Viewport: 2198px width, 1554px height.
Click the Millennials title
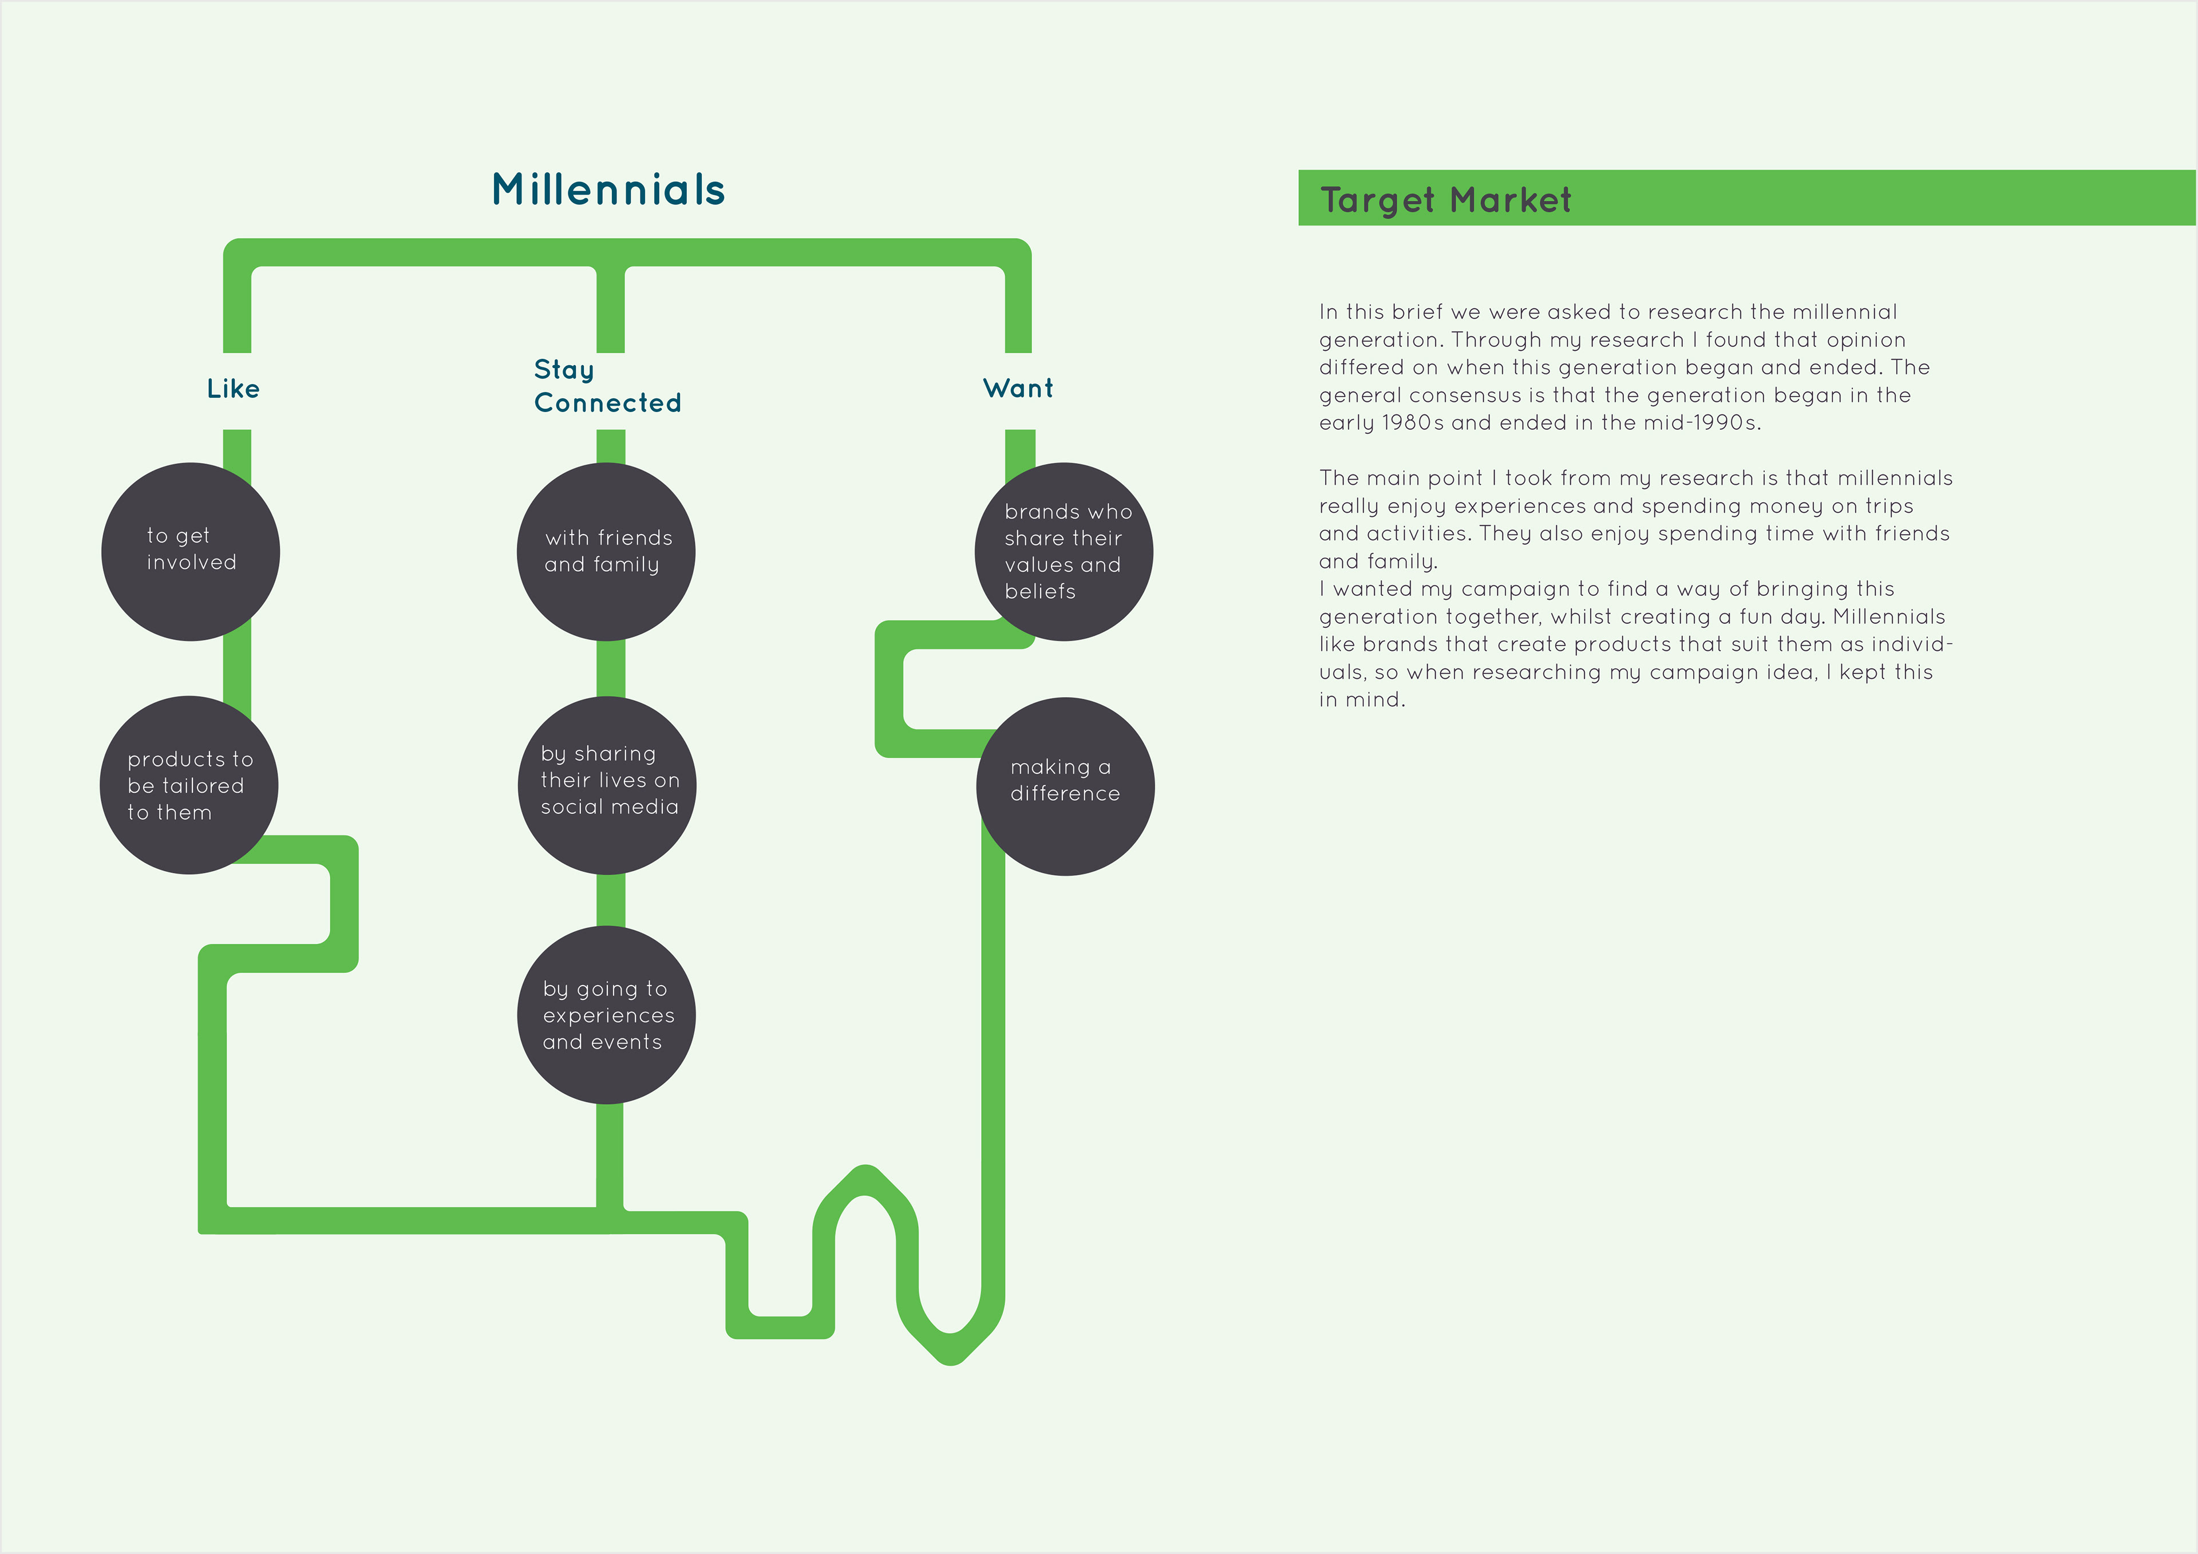(609, 189)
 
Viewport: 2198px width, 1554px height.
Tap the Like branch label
(234, 387)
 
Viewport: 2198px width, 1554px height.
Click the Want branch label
(1018, 387)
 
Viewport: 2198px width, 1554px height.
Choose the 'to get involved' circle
(191, 552)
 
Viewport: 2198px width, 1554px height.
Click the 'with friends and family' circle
(606, 552)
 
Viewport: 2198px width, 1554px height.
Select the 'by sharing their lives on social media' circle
(606, 785)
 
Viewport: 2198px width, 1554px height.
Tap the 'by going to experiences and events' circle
(606, 1015)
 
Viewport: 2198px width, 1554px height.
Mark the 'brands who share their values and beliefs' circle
(1064, 552)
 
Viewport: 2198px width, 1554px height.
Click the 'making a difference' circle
(1065, 786)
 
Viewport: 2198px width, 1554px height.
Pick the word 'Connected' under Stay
(608, 402)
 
